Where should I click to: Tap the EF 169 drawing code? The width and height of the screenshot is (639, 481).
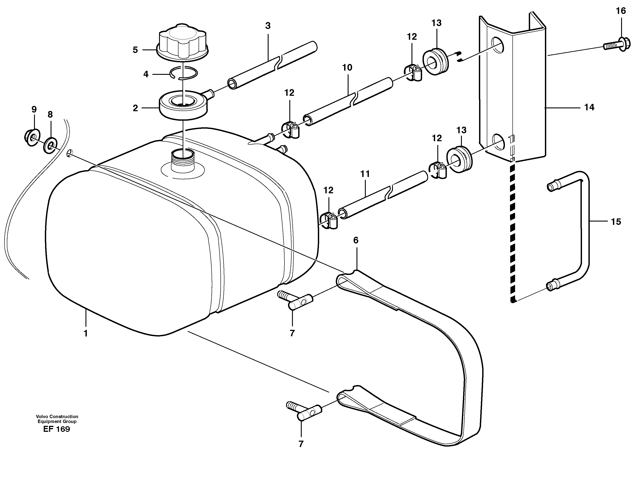pyautogui.click(x=57, y=429)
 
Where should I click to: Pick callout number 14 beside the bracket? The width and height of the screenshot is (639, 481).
pyautogui.click(x=589, y=107)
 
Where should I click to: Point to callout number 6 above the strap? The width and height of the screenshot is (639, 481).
pyautogui.click(x=356, y=240)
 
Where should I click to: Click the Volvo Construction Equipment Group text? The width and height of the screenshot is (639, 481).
pyautogui.click(x=57, y=419)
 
